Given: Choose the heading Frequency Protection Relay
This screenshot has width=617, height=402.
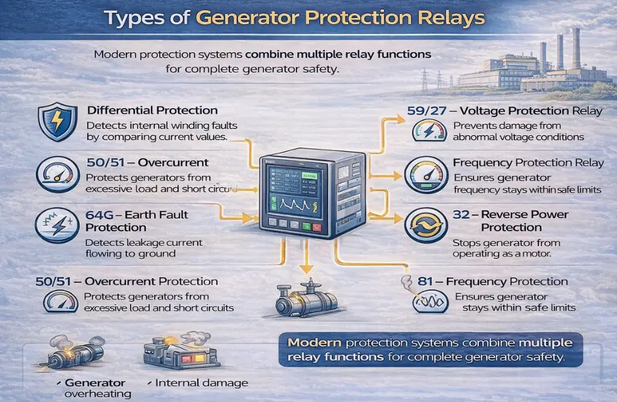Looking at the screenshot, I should click(x=520, y=163).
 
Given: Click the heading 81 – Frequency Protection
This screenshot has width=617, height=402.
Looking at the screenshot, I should click(x=492, y=282).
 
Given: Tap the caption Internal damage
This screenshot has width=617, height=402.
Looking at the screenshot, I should click(x=201, y=383).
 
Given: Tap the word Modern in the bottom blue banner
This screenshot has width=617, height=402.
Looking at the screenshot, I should click(x=314, y=342).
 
